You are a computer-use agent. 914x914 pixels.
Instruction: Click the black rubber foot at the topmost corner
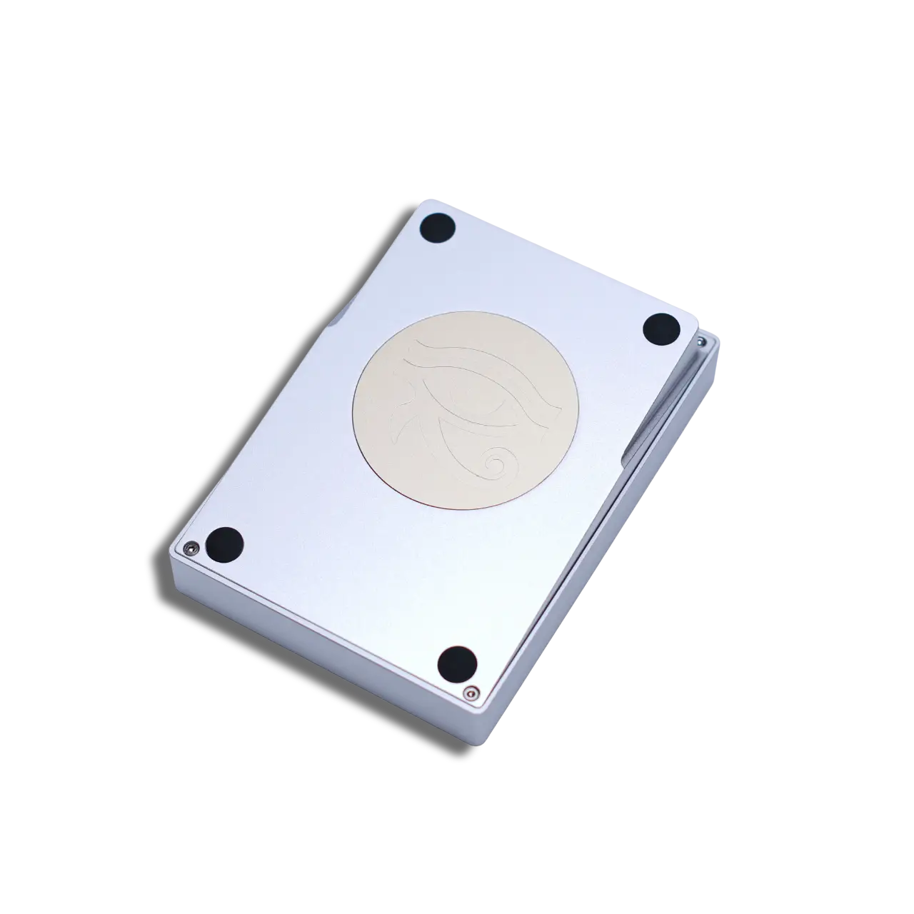[x=437, y=228]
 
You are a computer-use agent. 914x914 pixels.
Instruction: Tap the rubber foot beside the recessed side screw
[x=661, y=329]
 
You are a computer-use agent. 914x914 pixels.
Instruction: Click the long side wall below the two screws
[x=321, y=643]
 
